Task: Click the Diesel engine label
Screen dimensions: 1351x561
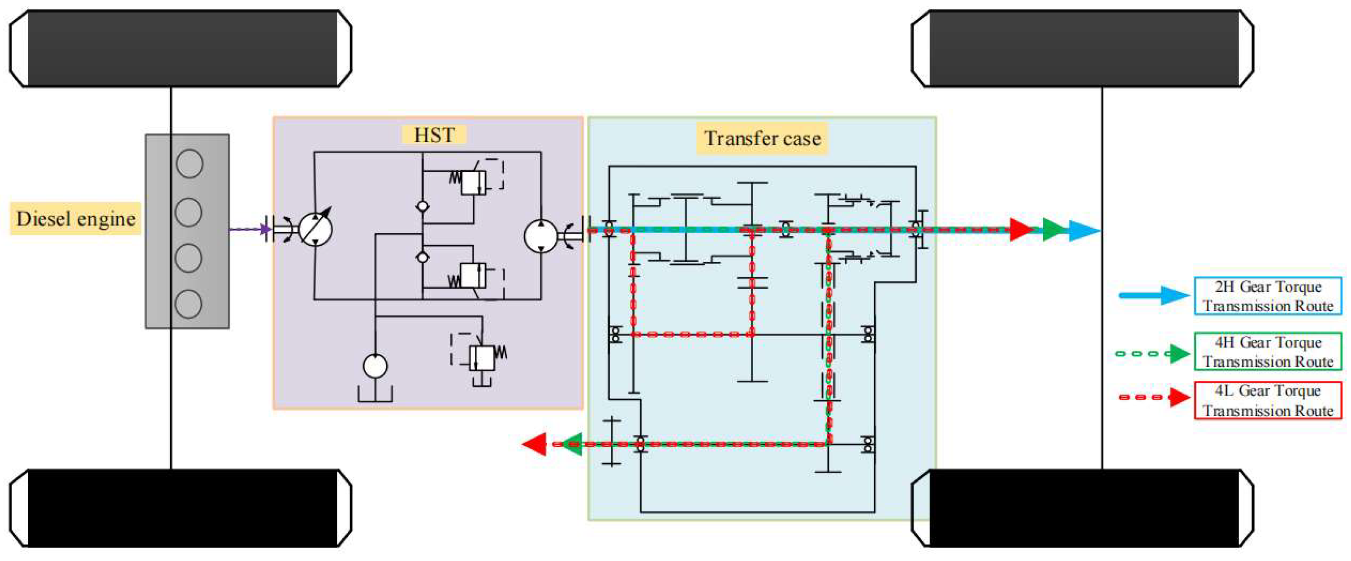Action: pyautogui.click(x=76, y=218)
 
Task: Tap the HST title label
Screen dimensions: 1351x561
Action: pyautogui.click(x=434, y=135)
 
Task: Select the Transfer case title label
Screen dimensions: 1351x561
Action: pyautogui.click(x=762, y=139)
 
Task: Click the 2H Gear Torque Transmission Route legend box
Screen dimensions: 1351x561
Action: pyautogui.click(x=1268, y=296)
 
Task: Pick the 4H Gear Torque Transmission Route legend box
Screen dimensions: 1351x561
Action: pyautogui.click(x=1268, y=352)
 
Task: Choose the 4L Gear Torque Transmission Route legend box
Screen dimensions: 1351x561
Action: pyautogui.click(x=1268, y=400)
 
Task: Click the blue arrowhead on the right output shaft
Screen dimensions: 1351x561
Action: pyautogui.click(x=1084, y=230)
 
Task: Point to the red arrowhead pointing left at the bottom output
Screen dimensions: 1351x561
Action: pyautogui.click(x=535, y=444)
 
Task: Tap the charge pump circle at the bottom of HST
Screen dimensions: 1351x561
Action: pyautogui.click(x=375, y=366)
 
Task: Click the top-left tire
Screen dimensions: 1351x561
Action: pyautogui.click(x=181, y=48)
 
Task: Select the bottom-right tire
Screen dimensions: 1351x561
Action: pyautogui.click(x=1083, y=508)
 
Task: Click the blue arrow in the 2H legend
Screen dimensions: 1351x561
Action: pyautogui.click(x=1154, y=296)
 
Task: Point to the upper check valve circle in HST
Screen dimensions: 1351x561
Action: pyautogui.click(x=422, y=206)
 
